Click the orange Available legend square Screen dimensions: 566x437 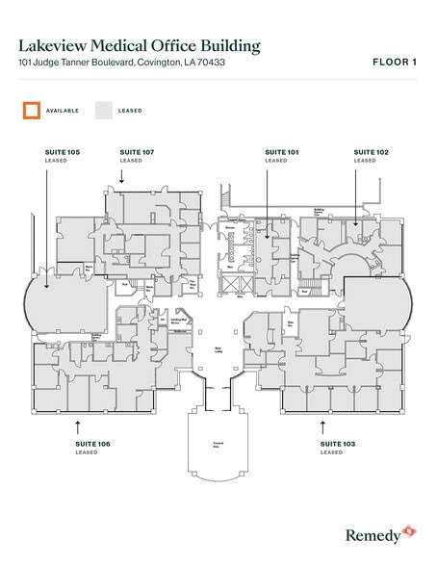click(x=32, y=111)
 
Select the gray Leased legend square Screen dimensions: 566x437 click(x=103, y=111)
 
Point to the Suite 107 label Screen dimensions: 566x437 click(x=137, y=152)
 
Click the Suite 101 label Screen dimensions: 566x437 click(x=282, y=152)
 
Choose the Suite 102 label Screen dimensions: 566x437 click(x=371, y=152)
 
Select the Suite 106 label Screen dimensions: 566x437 click(x=92, y=443)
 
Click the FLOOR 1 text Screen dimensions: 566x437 click(x=394, y=63)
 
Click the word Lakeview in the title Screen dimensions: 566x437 click(x=57, y=44)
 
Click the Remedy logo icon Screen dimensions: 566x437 click(x=409, y=530)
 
